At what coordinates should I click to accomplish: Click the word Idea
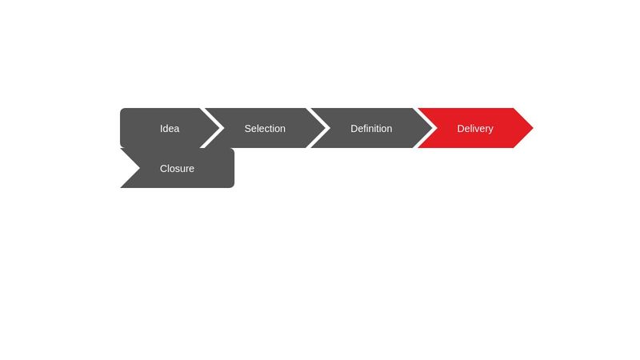click(x=170, y=128)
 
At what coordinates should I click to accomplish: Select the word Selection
click(x=265, y=128)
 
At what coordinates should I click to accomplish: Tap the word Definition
click(x=371, y=128)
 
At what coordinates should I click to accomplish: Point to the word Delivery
click(x=475, y=128)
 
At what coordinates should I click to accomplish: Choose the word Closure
click(x=177, y=168)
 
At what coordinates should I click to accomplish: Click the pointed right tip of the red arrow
click(x=532, y=128)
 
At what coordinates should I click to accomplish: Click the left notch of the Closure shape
click(x=139, y=168)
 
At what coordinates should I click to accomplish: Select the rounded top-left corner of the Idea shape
click(x=122, y=110)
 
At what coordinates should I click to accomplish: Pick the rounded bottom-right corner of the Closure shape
click(x=232, y=186)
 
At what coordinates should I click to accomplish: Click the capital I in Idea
click(x=161, y=128)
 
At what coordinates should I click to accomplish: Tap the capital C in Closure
click(x=164, y=168)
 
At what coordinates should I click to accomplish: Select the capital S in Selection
click(x=248, y=128)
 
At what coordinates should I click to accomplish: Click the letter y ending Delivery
click(x=490, y=129)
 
